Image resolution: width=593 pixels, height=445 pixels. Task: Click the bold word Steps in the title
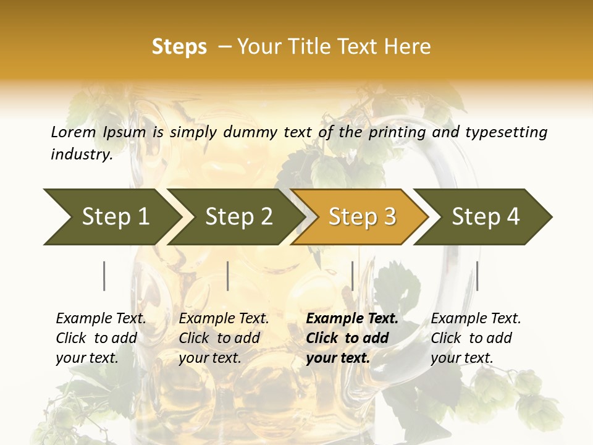click(179, 47)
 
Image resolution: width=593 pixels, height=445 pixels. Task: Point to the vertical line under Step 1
click(104, 276)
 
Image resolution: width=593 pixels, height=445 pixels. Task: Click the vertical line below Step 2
click(228, 276)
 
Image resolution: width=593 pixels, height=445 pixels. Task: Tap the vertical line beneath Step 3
click(352, 276)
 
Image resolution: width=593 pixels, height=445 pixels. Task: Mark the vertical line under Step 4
click(477, 276)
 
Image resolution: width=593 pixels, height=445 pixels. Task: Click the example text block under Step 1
click(101, 338)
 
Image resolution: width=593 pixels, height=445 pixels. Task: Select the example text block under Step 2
click(224, 338)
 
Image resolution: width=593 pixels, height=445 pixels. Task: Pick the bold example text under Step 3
click(352, 338)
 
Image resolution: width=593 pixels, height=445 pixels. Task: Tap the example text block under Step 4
click(476, 338)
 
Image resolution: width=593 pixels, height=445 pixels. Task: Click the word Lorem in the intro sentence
click(74, 132)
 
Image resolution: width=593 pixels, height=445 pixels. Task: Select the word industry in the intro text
click(81, 155)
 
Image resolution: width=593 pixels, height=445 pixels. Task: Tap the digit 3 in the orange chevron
click(389, 217)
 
